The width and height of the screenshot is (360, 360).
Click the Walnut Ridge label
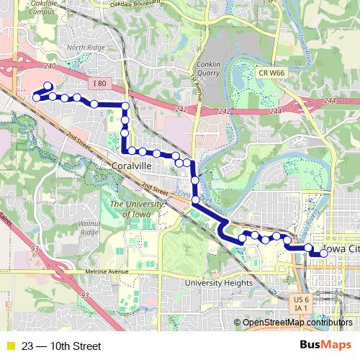89,228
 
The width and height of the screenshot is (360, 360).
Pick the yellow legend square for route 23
9,346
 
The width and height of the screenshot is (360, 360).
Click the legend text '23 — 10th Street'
61,346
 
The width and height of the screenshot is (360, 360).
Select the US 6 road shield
301,299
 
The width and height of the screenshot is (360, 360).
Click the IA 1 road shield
301,308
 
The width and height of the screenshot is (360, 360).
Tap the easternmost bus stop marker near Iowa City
324,253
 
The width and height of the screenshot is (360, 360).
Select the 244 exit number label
275,112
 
